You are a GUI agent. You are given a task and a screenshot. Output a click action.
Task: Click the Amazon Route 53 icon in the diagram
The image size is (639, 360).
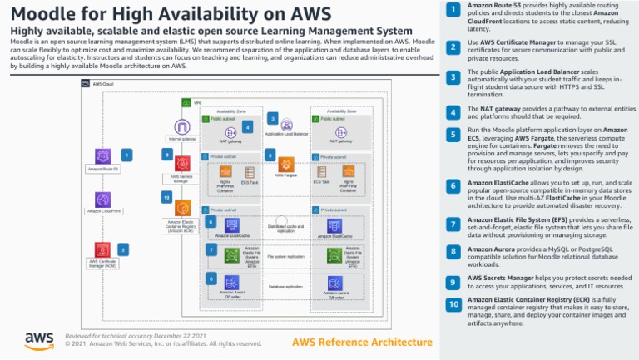(x=103, y=156)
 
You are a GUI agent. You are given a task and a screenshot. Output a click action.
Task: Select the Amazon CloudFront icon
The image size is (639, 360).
(x=103, y=200)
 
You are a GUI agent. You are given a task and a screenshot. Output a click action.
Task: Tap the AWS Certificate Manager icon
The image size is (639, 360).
(x=103, y=249)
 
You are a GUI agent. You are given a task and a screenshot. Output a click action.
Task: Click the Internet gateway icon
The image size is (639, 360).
(x=182, y=127)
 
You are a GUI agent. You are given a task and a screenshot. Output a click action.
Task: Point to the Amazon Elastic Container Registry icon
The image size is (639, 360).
(x=182, y=208)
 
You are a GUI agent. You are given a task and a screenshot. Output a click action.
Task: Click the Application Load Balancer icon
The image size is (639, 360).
(x=286, y=124)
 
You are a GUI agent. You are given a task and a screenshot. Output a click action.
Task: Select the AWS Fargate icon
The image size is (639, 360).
(x=286, y=164)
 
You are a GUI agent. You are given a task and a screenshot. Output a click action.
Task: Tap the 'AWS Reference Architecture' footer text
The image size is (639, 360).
(x=362, y=342)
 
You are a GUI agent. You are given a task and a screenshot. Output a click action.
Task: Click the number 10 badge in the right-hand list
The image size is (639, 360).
(x=453, y=304)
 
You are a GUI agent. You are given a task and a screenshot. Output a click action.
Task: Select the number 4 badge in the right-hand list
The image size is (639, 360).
(x=453, y=112)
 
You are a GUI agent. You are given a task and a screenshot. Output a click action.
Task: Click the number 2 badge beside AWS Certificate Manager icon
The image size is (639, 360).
(x=124, y=249)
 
